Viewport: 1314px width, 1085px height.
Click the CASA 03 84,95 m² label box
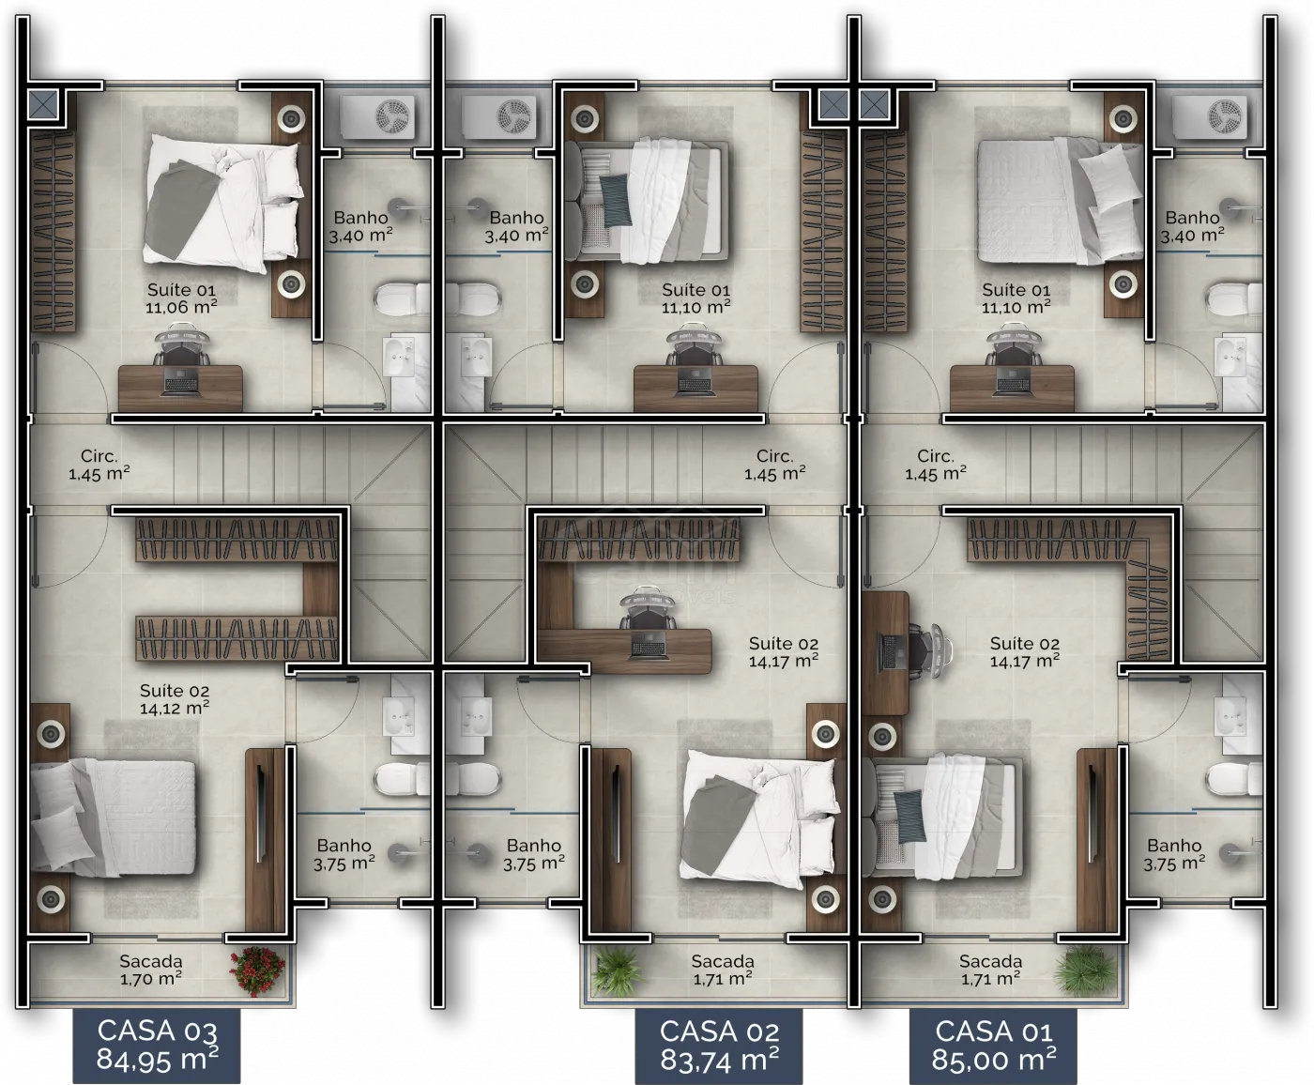click(x=156, y=1046)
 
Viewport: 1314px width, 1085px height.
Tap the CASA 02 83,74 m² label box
click(x=719, y=1046)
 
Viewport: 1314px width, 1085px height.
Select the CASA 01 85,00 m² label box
click(x=993, y=1046)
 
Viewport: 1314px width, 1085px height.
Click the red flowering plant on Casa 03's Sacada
click(x=257, y=971)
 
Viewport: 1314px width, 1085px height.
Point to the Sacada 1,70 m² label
click(x=151, y=970)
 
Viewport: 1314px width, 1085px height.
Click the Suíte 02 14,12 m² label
click(x=175, y=699)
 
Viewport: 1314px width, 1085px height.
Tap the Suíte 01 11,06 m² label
click(x=181, y=298)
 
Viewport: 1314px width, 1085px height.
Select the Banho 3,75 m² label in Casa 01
click(x=1174, y=854)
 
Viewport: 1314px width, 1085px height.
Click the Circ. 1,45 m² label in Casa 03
click(x=99, y=465)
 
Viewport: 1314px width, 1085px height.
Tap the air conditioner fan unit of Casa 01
click(x=1210, y=116)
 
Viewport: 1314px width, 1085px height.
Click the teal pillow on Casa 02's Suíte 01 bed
click(x=615, y=200)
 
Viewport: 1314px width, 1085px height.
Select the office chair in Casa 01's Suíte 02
click(x=930, y=650)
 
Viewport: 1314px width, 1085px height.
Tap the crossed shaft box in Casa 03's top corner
click(x=43, y=104)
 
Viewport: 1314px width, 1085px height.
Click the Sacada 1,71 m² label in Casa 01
click(x=990, y=970)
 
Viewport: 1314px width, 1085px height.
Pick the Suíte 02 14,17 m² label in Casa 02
click(x=784, y=652)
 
